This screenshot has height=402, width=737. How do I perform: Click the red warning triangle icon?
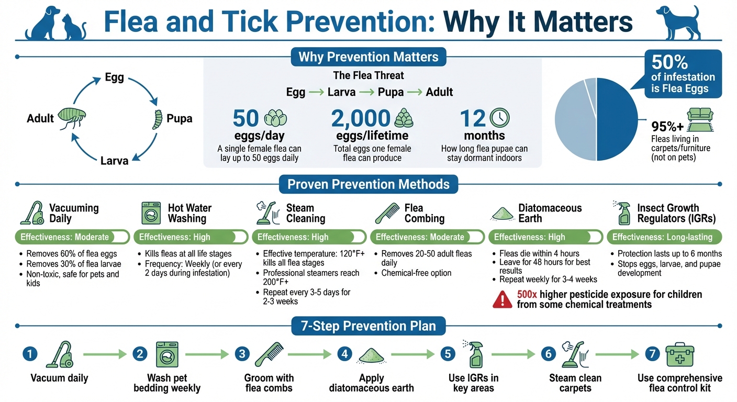tap(502, 299)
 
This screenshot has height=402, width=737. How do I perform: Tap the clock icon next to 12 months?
tap(499, 118)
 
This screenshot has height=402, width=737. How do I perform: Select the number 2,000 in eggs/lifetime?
tap(361, 119)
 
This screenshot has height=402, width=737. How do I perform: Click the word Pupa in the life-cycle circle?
tap(179, 118)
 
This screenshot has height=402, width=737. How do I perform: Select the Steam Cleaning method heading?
tap(305, 213)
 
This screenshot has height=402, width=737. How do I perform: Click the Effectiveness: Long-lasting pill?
tap(664, 237)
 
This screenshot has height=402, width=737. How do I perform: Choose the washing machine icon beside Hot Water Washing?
tap(151, 214)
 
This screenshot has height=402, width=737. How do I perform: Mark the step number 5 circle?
tap(448, 354)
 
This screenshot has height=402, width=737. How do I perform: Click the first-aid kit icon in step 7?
tap(679, 355)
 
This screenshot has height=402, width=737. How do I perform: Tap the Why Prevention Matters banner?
tap(368, 57)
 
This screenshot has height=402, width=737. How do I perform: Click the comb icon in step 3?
tap(269, 354)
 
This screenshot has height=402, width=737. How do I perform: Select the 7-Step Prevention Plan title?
tap(368, 326)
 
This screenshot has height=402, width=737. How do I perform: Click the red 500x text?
tap(527, 294)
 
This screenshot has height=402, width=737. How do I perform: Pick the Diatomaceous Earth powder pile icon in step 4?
tap(371, 355)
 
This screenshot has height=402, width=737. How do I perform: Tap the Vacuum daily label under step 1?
tap(59, 378)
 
